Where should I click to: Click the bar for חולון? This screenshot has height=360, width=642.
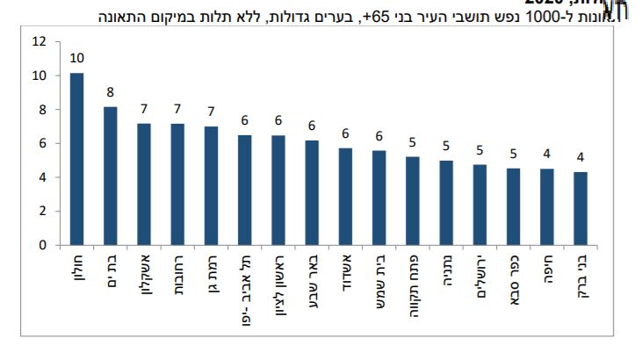pyautogui.click(x=76, y=159)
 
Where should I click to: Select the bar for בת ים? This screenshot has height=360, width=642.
pyautogui.click(x=111, y=176)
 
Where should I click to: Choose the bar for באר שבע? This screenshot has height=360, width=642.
pyautogui.click(x=312, y=193)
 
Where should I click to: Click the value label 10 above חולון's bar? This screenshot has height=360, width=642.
pyautogui.click(x=76, y=58)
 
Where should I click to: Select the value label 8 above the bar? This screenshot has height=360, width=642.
pyautogui.click(x=111, y=92)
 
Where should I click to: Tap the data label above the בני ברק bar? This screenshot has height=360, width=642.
pyautogui.click(x=580, y=158)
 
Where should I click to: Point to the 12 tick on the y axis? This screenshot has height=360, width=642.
pyautogui.click(x=38, y=41)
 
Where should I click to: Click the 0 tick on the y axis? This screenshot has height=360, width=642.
pyautogui.click(x=41, y=246)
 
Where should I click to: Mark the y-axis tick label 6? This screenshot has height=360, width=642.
pyautogui.click(x=41, y=143)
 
